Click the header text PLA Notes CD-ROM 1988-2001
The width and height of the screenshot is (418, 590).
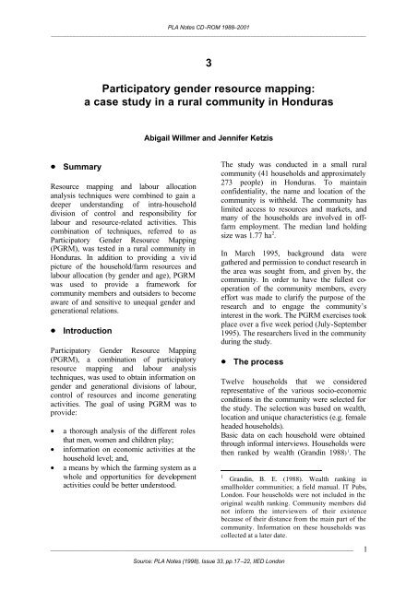click(x=209, y=9)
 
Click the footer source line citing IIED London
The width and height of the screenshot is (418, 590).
click(x=209, y=581)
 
